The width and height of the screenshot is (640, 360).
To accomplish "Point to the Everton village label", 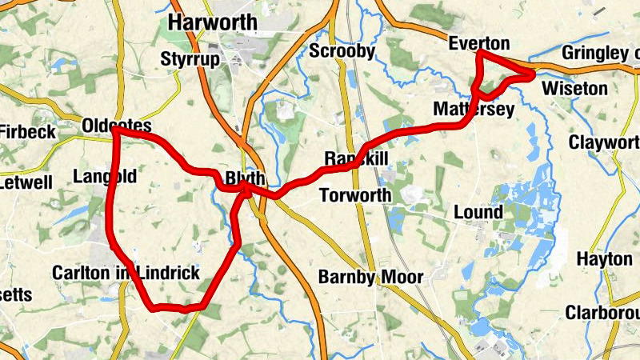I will (479, 43).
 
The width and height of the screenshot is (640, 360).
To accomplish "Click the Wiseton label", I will (574, 88).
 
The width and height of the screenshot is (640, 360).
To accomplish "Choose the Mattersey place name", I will (473, 109).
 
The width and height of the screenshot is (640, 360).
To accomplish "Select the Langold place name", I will (104, 176).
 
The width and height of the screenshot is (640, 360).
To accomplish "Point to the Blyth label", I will (245, 178).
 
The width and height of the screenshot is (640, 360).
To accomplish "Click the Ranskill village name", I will (356, 159).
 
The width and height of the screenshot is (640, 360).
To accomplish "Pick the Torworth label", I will (355, 195).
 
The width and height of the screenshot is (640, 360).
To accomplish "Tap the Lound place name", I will (478, 212).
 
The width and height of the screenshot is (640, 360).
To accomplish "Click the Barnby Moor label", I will (371, 277).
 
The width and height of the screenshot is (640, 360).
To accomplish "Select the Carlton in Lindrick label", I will (126, 273).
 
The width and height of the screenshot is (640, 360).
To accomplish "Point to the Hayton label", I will (604, 260).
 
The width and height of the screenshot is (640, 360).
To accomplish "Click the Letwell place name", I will (26, 182).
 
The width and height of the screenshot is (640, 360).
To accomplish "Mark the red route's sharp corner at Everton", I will (479, 53).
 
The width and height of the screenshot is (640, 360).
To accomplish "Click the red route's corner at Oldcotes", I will (115, 130).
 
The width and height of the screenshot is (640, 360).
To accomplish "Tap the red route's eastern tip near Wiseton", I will (532, 74).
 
